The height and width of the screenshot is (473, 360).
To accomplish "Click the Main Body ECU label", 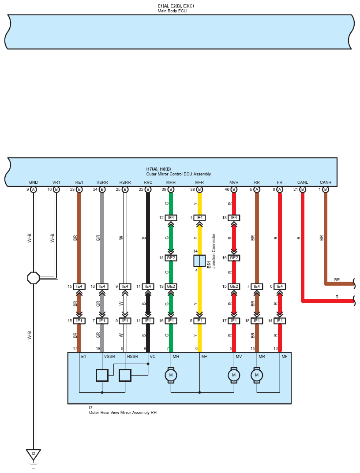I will coord(172,11).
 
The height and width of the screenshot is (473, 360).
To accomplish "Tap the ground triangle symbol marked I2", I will coord(33,454).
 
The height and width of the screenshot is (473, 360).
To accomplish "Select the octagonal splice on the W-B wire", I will coord(33,278).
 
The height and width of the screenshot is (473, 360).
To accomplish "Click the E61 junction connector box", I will coord(199,261).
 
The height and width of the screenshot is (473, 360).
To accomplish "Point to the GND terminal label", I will coord(33,182).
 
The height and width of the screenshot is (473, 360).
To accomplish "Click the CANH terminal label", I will coord(325,182).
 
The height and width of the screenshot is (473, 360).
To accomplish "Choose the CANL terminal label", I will coord(302,182).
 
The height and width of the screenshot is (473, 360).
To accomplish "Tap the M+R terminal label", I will coord(199,182).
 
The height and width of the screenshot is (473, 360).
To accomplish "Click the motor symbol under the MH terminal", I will coord(171,375).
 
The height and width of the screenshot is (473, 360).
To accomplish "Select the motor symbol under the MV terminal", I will coord(233,375).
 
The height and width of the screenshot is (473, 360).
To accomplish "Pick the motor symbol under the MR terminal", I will coord(256,375).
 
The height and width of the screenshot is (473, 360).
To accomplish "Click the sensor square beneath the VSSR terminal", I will coord(102,375).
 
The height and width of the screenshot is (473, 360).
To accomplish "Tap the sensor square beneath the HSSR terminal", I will coord(125,375).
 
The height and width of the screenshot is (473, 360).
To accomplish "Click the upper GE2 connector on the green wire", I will coord(171,258).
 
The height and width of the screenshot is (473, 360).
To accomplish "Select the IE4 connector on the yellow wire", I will coord(199,218).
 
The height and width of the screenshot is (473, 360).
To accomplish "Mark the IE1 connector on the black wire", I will coord(148,320).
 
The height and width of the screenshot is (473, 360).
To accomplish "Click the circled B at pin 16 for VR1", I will coord(56,190).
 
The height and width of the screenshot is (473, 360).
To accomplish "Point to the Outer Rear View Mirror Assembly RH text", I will coord(123,413).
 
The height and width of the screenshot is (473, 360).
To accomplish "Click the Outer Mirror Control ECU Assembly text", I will coord(178,174).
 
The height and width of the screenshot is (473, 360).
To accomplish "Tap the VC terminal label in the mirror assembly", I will coord(153,356).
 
